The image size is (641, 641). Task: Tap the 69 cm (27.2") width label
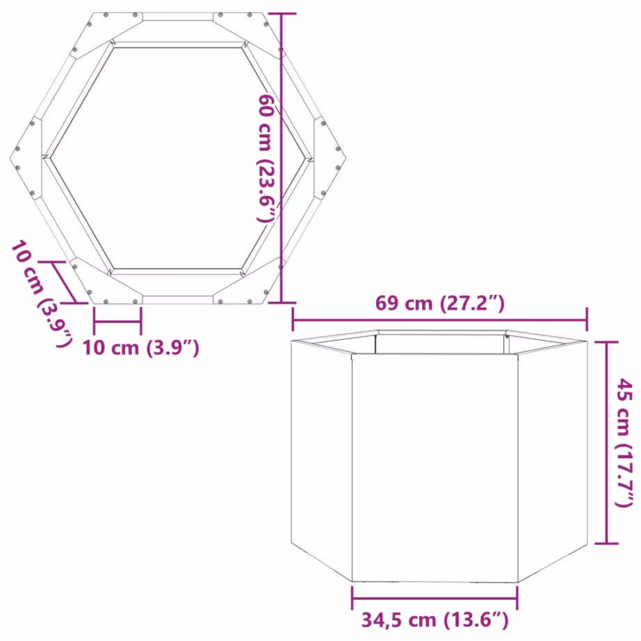439,304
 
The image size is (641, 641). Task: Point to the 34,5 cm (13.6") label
435,619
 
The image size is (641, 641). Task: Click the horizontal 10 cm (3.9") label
141,347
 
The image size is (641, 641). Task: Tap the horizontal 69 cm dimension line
439,320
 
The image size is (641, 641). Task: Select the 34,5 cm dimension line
435,597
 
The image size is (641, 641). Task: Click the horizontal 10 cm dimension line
117,323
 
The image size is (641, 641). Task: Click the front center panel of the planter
434,466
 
